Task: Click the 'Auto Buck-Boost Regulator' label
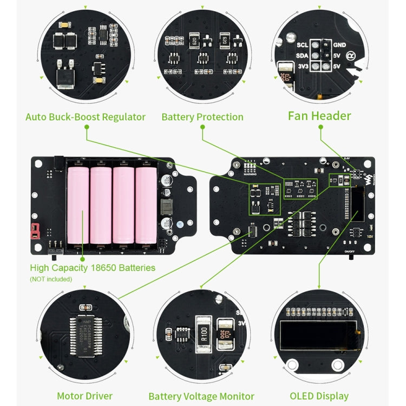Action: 86,117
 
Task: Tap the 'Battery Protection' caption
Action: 202,117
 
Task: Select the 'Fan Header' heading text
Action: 319,116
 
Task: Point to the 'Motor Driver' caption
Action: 85,396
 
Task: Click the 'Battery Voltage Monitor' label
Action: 201,396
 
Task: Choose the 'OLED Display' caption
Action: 319,396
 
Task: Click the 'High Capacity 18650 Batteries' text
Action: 93,267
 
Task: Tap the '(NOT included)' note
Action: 50,279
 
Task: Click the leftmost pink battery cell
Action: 77,206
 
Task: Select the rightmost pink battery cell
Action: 146,206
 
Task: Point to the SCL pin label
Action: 303,45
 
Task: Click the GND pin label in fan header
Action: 340,45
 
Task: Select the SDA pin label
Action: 303,55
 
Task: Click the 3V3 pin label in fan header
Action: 303,66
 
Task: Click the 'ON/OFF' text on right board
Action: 350,251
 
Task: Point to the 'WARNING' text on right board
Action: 250,175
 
